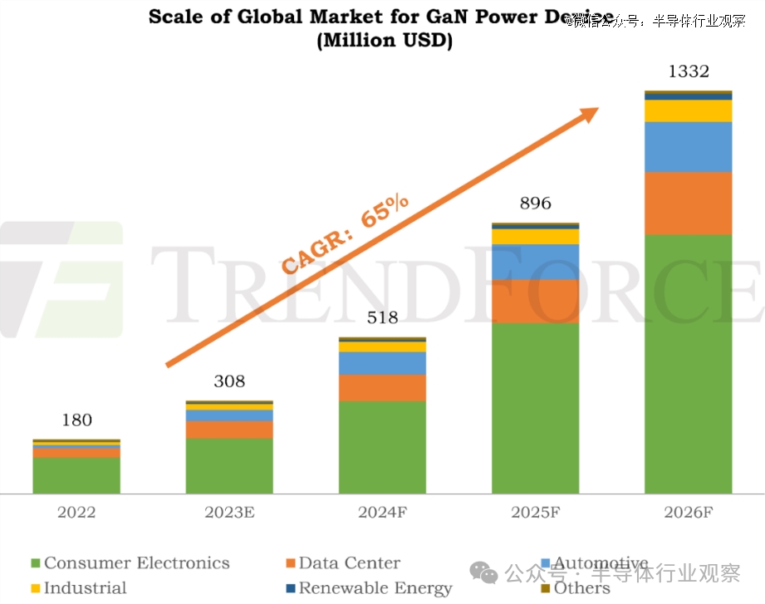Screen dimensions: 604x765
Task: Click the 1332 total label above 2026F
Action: [x=688, y=71]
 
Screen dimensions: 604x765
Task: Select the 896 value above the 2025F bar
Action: [x=535, y=204]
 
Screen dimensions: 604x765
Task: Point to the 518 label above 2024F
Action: [x=382, y=317]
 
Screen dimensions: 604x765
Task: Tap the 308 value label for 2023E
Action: [x=229, y=381]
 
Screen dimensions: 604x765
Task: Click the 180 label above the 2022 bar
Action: [x=76, y=420]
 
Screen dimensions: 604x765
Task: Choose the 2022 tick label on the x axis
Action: [x=76, y=513]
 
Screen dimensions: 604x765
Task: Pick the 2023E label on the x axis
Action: [x=229, y=513]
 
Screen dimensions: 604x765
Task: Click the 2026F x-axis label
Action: [x=688, y=513]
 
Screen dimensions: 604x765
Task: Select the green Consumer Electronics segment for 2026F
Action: [x=688, y=364]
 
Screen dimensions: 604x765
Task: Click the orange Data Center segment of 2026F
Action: [x=688, y=203]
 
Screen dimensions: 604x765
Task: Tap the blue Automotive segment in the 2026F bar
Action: [x=688, y=146]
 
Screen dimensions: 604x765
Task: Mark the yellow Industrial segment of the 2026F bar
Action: [x=688, y=110]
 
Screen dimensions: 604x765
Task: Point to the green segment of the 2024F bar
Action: [x=382, y=447]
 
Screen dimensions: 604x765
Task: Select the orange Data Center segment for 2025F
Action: [x=535, y=301]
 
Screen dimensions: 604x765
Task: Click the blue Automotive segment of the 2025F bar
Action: [x=535, y=262]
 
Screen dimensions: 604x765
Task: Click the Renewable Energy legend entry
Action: [x=375, y=588]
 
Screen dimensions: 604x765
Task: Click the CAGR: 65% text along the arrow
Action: [x=345, y=234]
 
